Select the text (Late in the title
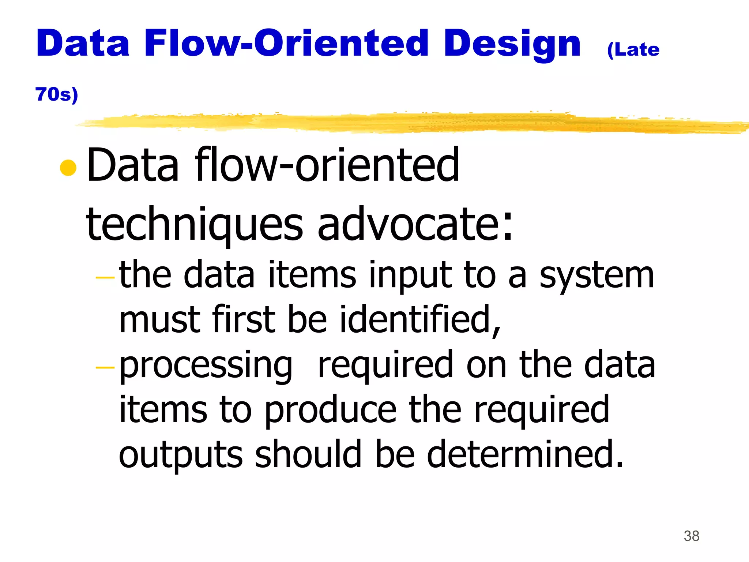click(x=633, y=50)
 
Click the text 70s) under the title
click(x=57, y=94)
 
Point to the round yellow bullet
click(x=68, y=168)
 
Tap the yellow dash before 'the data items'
click(x=105, y=278)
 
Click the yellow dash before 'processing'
click(x=105, y=367)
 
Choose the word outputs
click(x=181, y=455)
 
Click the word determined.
click(x=525, y=454)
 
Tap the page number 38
click(x=691, y=536)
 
